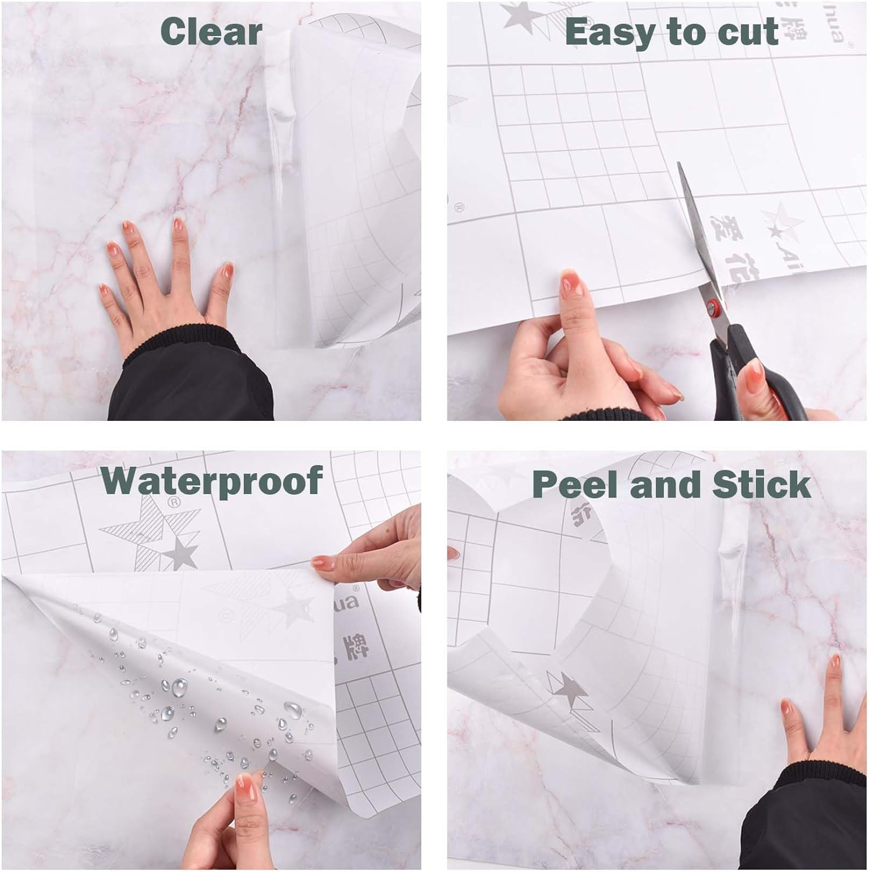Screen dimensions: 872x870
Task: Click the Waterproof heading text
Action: click(212, 480)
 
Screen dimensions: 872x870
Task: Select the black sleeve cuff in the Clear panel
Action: click(192, 378)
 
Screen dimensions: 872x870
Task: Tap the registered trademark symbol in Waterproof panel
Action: click(172, 501)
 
